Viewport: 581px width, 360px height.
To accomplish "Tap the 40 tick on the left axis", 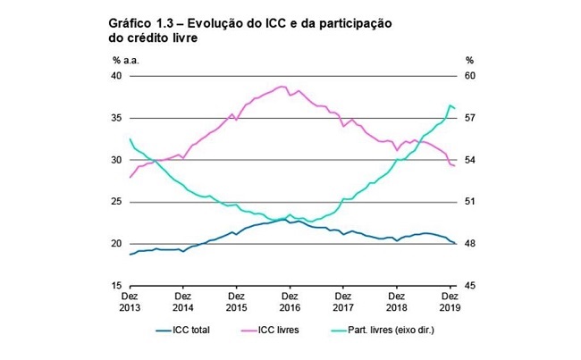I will (x=118, y=76).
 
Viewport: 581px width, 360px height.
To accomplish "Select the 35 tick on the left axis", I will (x=118, y=118).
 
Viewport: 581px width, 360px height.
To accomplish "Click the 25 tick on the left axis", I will (x=118, y=202).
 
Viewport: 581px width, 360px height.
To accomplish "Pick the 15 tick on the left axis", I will (x=118, y=286).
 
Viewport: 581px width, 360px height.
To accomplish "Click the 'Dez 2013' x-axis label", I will (x=131, y=300).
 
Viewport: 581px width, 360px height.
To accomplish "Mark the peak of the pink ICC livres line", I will (x=282, y=87).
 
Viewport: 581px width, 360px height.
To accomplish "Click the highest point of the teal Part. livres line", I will (x=450, y=105).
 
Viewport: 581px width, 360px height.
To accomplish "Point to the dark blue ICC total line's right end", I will (x=456, y=244).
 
